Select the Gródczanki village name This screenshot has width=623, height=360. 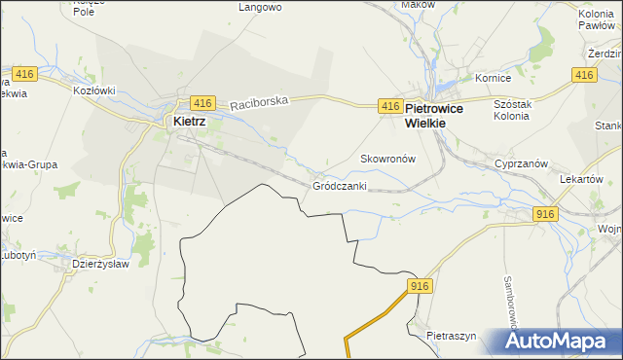(340, 185)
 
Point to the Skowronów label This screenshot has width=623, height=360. (388, 158)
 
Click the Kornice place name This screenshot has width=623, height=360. (492, 78)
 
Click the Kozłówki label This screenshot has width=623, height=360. (94, 90)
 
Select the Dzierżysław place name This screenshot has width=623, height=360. (102, 264)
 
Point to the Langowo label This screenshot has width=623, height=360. (260, 7)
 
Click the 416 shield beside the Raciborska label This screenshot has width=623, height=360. (202, 102)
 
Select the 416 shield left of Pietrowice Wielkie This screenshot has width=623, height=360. (389, 105)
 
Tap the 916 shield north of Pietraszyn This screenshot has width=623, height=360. (420, 285)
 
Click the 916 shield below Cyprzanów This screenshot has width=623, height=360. (545, 213)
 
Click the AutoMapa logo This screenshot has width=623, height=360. (556, 342)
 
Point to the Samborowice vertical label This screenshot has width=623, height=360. (509, 298)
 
